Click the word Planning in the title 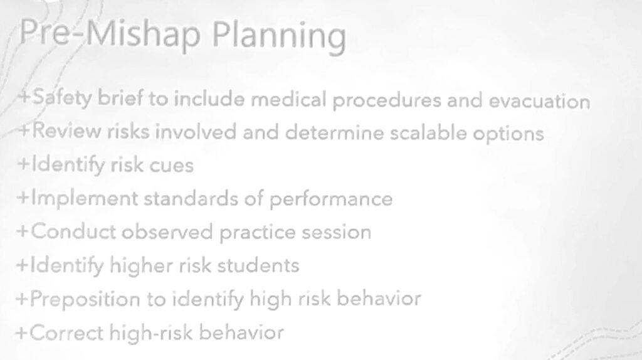click(x=279, y=36)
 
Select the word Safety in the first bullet click(x=62, y=98)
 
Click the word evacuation click(x=539, y=101)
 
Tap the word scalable click(x=428, y=132)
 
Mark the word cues click(x=172, y=166)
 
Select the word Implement click(x=85, y=199)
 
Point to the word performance click(x=331, y=199)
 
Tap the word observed click(x=167, y=231)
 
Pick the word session click(x=336, y=232)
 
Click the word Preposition click(x=85, y=299)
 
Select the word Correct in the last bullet click(x=66, y=332)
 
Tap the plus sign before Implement click(x=23, y=198)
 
